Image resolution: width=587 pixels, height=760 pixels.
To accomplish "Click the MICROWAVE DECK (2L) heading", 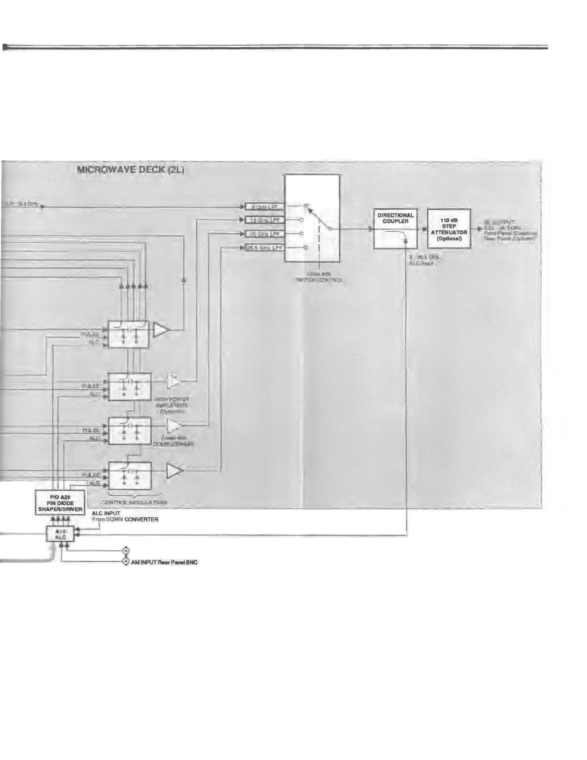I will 130,170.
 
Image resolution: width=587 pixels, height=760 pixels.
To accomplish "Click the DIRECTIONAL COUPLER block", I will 395,229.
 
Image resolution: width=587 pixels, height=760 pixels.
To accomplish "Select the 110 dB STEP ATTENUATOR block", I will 449,229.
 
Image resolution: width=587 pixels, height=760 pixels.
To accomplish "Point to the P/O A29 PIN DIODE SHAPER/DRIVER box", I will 60,503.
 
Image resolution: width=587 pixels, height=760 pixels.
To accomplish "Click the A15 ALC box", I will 60,534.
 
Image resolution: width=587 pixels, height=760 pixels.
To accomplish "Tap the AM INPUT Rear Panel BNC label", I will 164,562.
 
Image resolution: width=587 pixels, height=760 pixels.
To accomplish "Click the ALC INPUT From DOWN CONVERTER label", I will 125,516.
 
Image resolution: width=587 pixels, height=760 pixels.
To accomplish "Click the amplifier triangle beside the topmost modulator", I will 162,330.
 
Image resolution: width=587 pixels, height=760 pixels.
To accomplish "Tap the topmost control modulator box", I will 129,334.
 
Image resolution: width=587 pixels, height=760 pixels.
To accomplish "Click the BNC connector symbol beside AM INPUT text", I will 126,561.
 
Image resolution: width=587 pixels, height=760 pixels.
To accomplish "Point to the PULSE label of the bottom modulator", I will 91,475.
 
